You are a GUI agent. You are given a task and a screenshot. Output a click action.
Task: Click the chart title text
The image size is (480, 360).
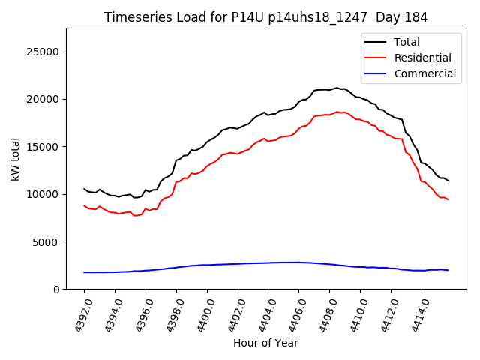[265, 17]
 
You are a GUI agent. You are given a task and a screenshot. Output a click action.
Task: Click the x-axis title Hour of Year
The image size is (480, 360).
[265, 343]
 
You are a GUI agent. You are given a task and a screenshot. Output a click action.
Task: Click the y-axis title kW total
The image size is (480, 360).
[15, 158]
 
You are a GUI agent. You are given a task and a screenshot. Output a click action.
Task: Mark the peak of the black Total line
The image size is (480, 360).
[337, 88]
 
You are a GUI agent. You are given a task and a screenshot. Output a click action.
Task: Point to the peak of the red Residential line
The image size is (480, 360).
[337, 112]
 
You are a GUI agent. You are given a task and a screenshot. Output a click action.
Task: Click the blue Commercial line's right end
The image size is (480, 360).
[448, 270]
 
